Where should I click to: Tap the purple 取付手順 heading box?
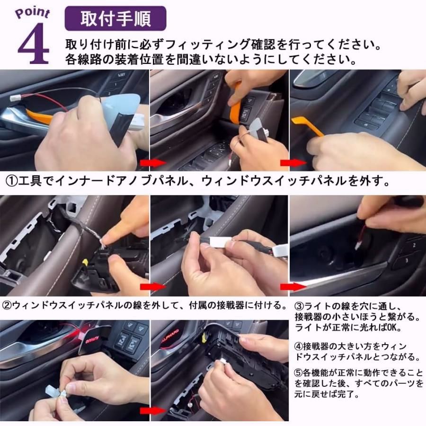[x=115, y=18]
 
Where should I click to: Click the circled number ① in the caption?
[x=11, y=181]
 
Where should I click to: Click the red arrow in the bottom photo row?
[x=149, y=409]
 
